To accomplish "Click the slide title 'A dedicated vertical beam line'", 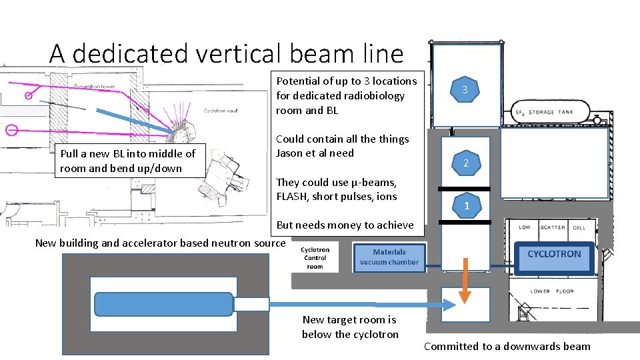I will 226,53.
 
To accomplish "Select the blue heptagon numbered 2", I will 466,163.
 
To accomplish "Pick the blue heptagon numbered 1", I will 466,205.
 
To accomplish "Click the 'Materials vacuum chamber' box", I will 389,257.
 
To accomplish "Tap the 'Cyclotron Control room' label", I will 315,257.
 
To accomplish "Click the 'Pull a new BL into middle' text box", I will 128,161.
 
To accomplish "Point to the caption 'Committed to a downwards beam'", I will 507,346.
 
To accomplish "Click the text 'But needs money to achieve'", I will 345,225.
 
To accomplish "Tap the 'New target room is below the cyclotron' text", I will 350,327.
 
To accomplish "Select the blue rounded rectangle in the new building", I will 164,304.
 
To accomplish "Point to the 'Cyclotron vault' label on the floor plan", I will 221,111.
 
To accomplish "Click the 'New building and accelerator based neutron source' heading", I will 160,243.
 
